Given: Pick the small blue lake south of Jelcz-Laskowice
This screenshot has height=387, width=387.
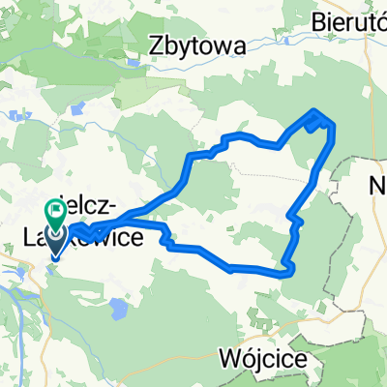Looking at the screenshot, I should [x=117, y=310].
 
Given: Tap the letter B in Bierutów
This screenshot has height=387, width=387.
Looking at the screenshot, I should [x=321, y=17].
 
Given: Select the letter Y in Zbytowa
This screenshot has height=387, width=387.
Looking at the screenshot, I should [x=187, y=45].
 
